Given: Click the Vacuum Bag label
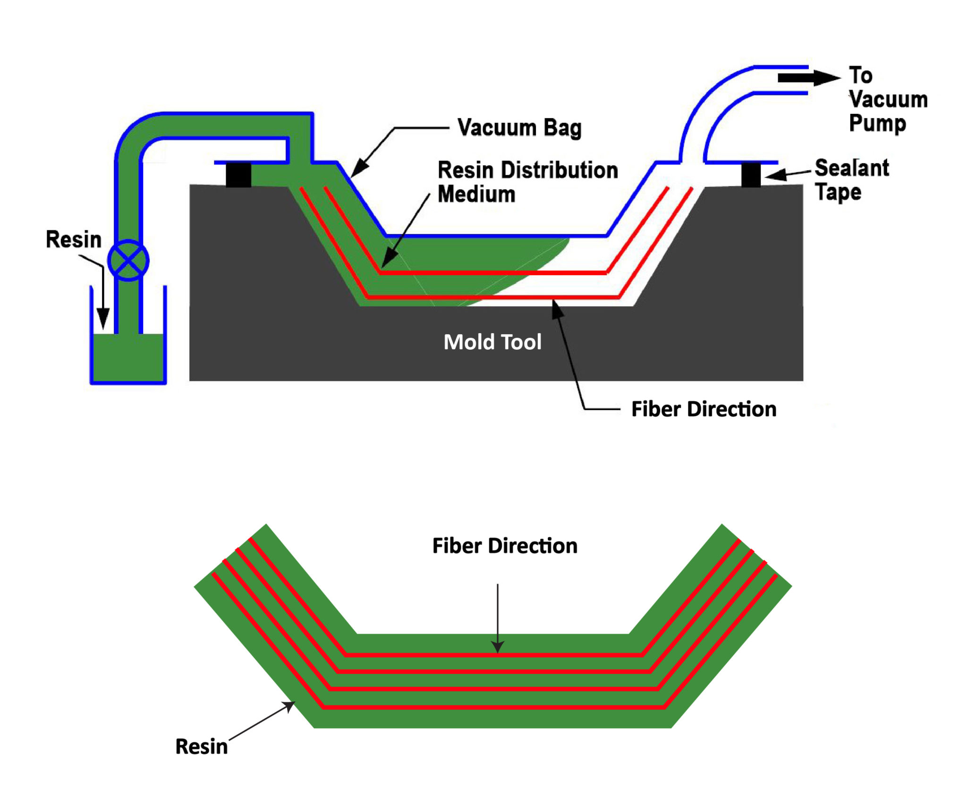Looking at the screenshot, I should [519, 128].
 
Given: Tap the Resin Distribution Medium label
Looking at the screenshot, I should [527, 182].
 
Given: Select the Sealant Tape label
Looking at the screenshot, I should [851, 180].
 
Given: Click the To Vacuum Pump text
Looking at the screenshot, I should [888, 99].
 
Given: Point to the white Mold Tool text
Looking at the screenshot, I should [492, 342].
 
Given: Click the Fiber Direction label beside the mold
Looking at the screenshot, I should [704, 409].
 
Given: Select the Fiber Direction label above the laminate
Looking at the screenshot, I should [505, 546].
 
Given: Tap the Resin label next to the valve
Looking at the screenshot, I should [74, 239].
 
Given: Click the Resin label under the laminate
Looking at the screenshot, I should [202, 747].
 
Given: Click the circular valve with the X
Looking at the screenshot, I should [128, 260].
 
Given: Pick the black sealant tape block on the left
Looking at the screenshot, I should [238, 175].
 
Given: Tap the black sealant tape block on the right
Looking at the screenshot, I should [751, 175].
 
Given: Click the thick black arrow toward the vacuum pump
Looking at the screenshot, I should [807, 78].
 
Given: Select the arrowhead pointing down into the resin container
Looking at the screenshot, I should [103, 318].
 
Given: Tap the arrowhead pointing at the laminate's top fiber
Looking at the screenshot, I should [498, 646].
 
